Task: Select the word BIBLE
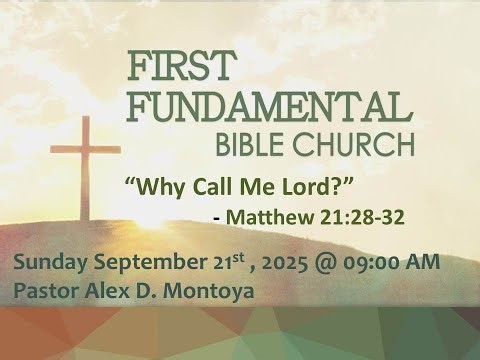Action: [x=262, y=145]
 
